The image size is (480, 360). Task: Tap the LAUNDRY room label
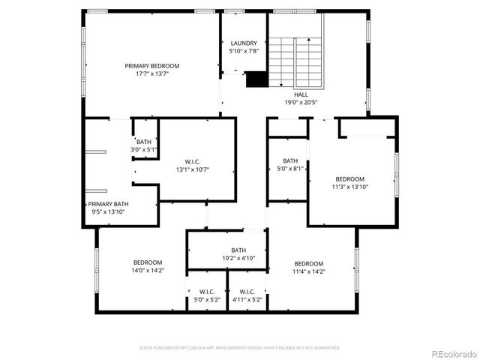coord(244,43)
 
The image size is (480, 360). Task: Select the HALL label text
coord(301,94)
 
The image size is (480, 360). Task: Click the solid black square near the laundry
coord(256,79)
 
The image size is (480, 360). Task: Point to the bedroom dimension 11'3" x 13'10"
coord(349,187)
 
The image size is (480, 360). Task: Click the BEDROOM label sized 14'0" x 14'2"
coord(148,262)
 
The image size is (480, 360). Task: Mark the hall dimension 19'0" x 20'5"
coord(301,103)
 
